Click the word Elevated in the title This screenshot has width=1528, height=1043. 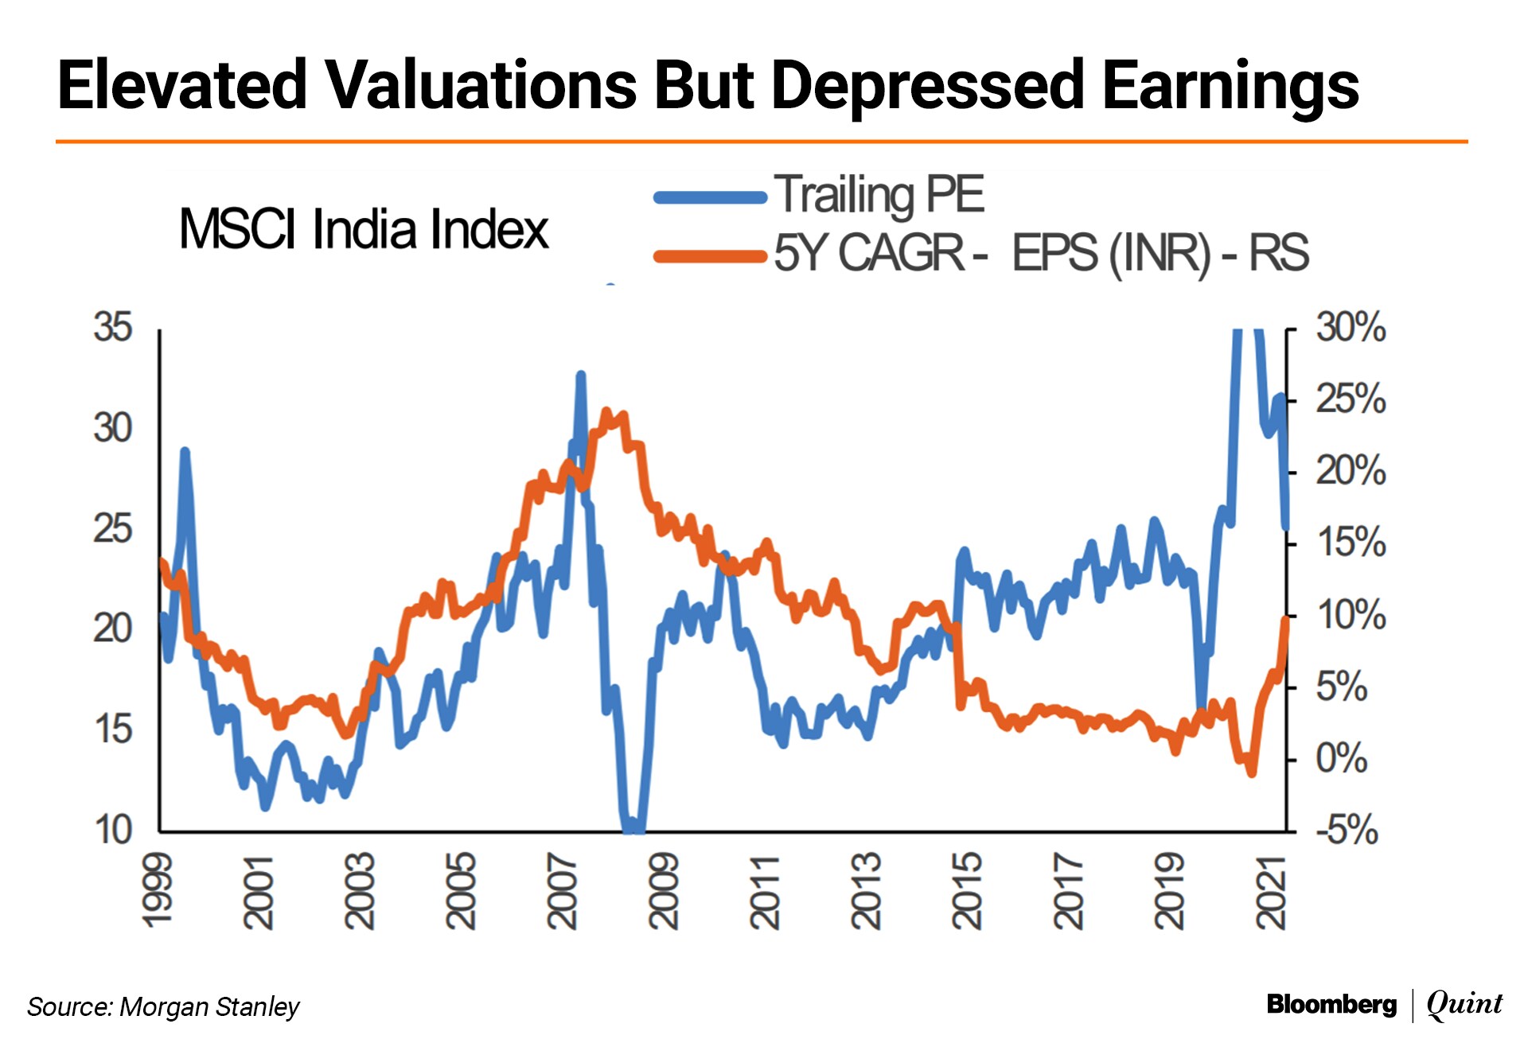point(182,85)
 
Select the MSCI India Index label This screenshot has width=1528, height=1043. point(364,229)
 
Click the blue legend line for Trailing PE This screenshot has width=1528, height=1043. point(710,197)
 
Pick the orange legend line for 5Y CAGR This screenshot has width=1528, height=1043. point(710,256)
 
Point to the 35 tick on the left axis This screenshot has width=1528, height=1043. point(112,328)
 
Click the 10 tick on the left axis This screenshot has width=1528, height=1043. point(112,831)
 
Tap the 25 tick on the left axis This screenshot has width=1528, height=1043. point(112,529)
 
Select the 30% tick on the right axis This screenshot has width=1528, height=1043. point(1350,328)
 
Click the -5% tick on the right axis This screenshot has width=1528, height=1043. point(1347,830)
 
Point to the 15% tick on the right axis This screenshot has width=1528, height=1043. point(1351,543)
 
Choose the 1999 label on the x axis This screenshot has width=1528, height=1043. point(158,891)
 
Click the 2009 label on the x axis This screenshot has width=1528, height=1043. point(664,891)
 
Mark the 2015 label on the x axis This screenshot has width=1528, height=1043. point(968,891)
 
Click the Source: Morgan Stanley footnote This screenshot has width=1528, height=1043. point(163,1007)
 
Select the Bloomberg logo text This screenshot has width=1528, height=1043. point(1331,1005)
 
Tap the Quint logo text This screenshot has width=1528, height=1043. point(1464,1004)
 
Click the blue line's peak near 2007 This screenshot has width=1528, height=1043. point(581,375)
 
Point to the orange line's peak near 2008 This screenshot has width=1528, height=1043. point(607,412)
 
